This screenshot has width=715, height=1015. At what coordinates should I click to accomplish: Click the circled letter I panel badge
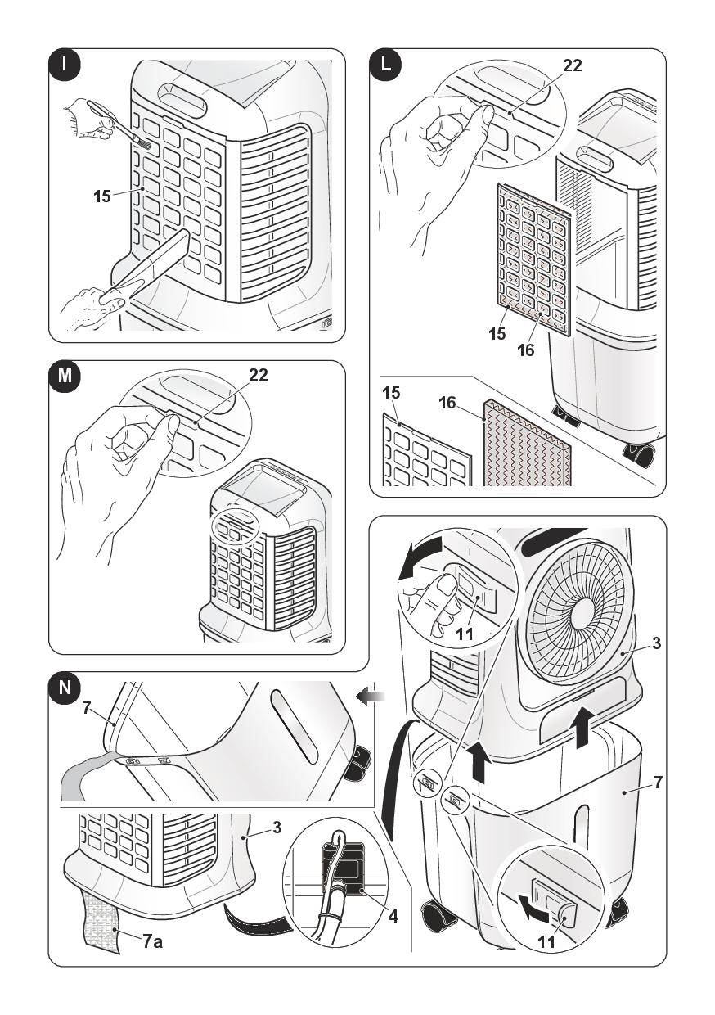pos(64,65)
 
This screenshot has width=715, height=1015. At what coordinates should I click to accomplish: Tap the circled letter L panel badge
pos(385,65)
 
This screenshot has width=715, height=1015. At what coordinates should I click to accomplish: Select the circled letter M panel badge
pos(64,377)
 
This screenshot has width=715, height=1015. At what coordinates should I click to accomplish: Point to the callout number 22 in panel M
pos(258,375)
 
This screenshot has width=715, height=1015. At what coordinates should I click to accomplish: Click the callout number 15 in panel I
pos(102,196)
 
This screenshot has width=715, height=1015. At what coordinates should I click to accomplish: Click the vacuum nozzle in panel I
pos(155,262)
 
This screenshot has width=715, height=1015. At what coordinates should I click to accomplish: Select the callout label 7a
pos(152,942)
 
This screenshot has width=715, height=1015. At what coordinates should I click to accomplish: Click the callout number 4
pos(393,916)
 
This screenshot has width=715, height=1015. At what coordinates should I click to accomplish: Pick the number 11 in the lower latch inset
pos(546,942)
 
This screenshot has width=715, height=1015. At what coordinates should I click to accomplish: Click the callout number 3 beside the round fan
pos(657,644)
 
